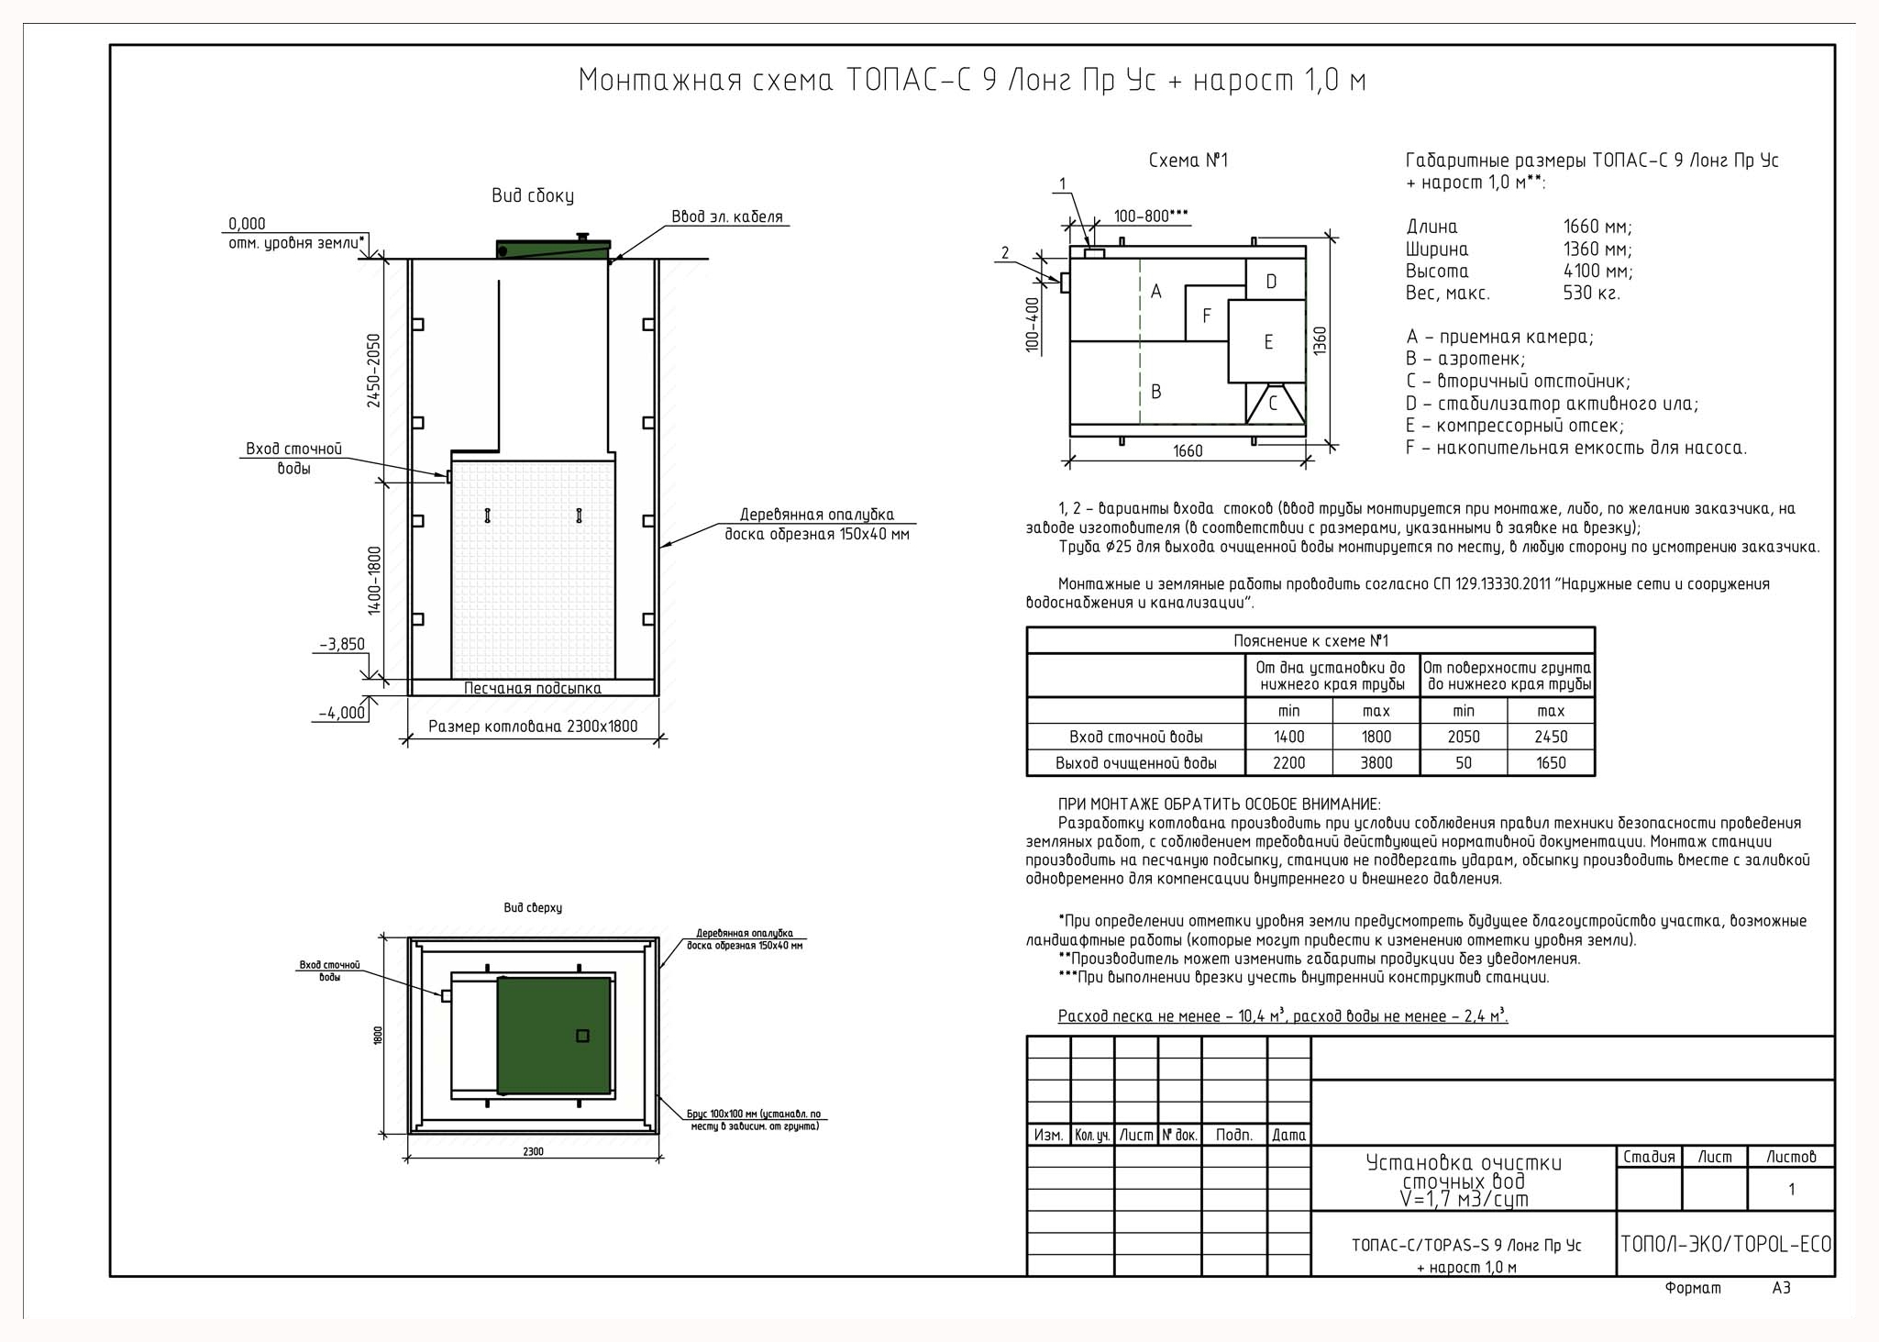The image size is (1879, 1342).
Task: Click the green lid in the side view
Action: (x=554, y=249)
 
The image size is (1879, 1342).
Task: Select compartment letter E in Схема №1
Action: (x=1268, y=342)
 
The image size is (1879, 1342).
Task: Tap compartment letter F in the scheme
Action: (x=1207, y=316)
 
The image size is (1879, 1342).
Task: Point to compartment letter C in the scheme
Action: (x=1273, y=403)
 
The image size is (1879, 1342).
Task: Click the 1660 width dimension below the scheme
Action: (x=1188, y=451)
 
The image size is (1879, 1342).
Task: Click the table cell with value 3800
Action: (x=1376, y=763)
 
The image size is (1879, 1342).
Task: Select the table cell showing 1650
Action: (x=1551, y=763)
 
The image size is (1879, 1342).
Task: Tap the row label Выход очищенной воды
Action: (x=1136, y=763)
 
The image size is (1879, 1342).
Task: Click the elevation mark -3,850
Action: (x=341, y=644)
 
